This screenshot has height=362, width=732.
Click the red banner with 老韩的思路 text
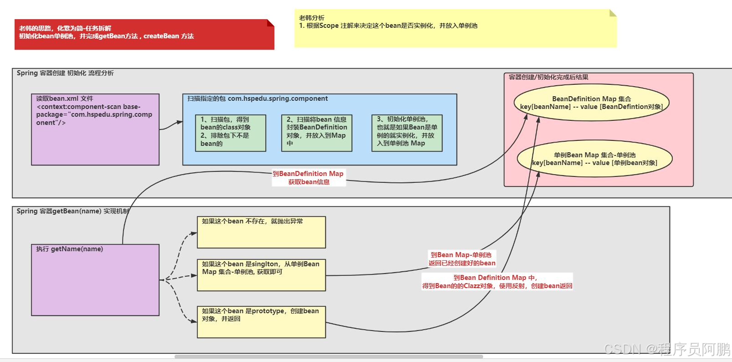point(144,34)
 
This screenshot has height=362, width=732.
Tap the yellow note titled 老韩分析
point(455,28)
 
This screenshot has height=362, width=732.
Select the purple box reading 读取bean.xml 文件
point(95,129)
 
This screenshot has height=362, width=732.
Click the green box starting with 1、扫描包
point(230,133)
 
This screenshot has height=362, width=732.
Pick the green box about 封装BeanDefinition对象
point(317,133)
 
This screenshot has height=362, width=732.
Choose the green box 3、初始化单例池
point(407,133)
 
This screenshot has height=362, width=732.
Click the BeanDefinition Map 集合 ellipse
point(591,103)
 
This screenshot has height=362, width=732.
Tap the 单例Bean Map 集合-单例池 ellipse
point(594,159)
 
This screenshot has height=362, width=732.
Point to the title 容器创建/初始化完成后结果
point(548,77)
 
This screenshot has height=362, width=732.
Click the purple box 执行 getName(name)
point(95,280)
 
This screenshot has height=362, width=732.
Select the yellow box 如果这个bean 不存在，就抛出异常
point(261,232)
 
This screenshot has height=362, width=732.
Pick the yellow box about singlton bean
point(261,275)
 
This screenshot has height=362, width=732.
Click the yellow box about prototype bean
point(261,322)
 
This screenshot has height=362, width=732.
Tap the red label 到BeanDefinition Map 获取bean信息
point(309,178)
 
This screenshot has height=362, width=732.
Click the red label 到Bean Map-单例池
point(461,259)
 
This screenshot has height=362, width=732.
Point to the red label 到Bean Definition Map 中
point(497,282)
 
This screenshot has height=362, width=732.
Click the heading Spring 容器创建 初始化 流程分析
point(65,73)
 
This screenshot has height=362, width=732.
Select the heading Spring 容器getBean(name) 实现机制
point(73,211)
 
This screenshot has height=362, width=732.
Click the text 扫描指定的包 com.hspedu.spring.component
point(258,98)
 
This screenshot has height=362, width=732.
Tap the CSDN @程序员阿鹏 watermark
point(667,349)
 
